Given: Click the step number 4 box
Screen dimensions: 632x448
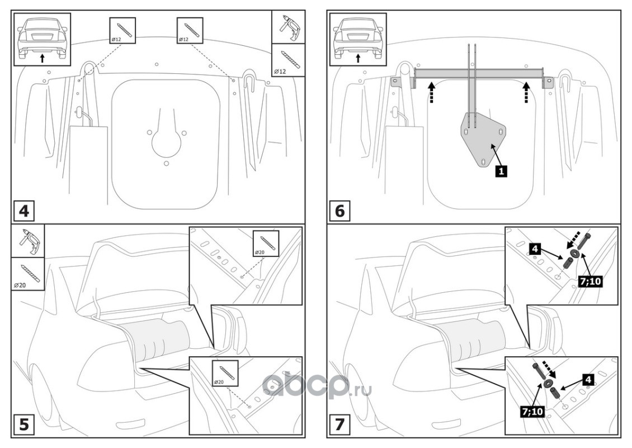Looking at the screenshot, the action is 24,211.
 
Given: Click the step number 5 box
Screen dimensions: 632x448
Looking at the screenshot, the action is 24,424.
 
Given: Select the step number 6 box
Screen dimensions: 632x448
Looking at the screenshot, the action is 340,211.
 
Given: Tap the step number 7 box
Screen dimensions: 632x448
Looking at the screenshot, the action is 340,424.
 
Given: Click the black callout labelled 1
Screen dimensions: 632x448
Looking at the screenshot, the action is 501,171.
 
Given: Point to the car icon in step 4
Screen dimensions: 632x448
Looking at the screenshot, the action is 43,39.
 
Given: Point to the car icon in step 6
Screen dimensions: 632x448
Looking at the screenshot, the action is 359,39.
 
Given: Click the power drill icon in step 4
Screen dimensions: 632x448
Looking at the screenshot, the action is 288,27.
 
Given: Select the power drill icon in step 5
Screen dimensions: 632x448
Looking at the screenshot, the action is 27,241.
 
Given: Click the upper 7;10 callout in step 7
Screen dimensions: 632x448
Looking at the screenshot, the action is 589,281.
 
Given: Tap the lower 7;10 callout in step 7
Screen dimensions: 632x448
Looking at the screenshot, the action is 532,411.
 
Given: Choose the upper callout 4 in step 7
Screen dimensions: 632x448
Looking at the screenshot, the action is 535,249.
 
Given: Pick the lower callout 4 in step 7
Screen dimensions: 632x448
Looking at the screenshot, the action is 588,379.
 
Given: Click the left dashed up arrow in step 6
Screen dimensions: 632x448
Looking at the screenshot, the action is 432,92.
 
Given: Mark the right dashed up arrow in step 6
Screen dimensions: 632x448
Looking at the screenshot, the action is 526,92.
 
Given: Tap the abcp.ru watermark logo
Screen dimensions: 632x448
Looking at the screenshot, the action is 317,386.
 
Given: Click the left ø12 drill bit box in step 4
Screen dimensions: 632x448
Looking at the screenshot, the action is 122,30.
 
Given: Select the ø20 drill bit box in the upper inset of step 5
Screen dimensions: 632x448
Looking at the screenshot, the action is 266,243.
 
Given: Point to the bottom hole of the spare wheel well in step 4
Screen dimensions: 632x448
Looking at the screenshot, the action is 166,163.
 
